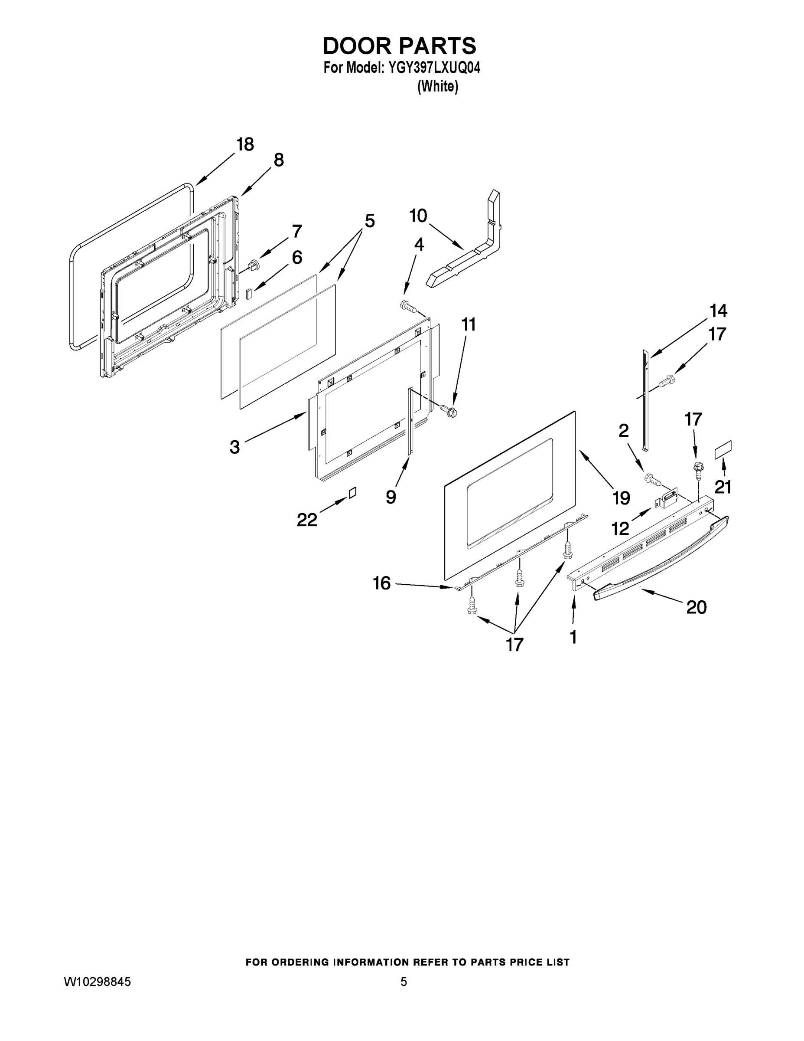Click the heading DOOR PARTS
399,46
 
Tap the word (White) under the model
437,87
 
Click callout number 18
245,144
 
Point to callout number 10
418,216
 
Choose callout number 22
307,520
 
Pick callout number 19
621,498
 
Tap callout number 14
718,311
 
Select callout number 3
234,447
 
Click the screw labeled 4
408,306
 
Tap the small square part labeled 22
352,492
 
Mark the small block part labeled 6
248,293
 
